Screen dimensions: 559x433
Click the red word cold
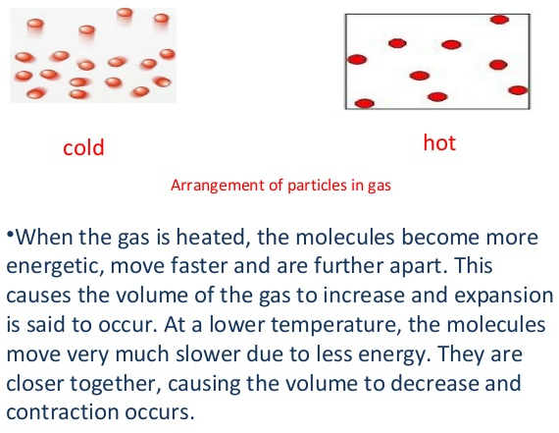coord(83,146)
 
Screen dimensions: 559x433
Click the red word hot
coord(439,142)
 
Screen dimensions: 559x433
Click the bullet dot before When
coord(10,234)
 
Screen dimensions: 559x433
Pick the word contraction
coord(63,412)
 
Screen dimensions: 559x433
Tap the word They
coord(461,354)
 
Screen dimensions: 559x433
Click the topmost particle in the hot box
coord(499,20)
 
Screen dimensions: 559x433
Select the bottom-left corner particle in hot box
coord(365,103)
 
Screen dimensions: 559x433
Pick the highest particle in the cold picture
coord(125,13)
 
